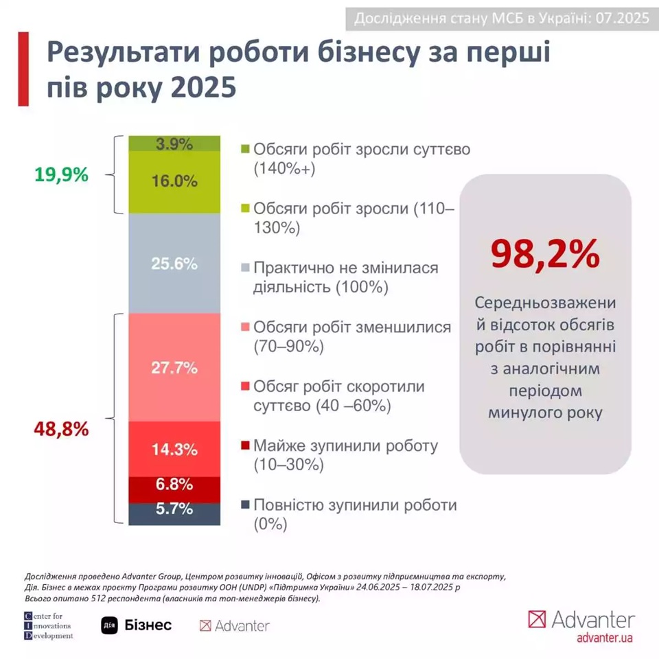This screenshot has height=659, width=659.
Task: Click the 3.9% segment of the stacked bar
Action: [x=175, y=143]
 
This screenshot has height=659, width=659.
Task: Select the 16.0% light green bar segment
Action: [x=175, y=182]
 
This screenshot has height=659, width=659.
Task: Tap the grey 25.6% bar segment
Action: [x=175, y=264]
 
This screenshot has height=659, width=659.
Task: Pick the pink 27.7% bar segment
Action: [x=175, y=367]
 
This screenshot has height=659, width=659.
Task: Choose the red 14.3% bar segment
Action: [x=175, y=449]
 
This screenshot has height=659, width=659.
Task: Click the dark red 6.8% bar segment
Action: [x=175, y=485]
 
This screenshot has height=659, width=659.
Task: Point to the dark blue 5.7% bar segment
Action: [x=175, y=511]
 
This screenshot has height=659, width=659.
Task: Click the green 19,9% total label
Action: [x=61, y=175]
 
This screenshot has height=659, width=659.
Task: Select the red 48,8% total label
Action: [x=61, y=430]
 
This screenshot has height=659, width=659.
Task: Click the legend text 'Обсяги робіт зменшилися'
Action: [x=353, y=327]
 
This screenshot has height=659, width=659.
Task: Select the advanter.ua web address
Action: [x=604, y=638]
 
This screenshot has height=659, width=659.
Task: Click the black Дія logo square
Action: [x=110, y=625]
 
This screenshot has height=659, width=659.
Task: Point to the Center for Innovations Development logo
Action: [x=48, y=625]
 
